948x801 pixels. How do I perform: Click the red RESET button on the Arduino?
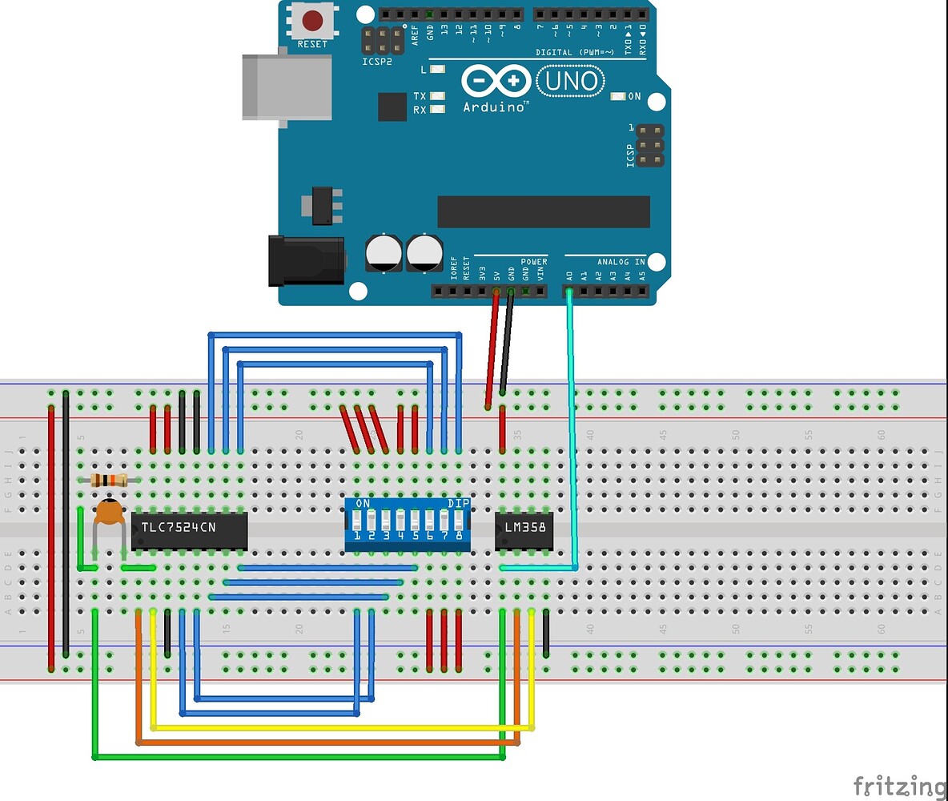pyautogui.click(x=312, y=20)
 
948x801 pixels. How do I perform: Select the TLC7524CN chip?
pyautogui.click(x=189, y=530)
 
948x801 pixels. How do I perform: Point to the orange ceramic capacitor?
pyautogui.click(x=108, y=513)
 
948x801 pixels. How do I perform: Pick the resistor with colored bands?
pyautogui.click(x=110, y=480)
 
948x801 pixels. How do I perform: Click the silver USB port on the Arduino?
pyautogui.click(x=287, y=87)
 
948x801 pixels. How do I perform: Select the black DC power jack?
pyautogui.click(x=306, y=260)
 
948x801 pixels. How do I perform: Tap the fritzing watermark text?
pyautogui.click(x=899, y=786)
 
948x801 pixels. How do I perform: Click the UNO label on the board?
pyautogui.click(x=570, y=81)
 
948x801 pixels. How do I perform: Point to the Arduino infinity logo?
pyautogui.click(x=496, y=81)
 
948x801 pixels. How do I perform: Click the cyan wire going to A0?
pyautogui.click(x=573, y=433)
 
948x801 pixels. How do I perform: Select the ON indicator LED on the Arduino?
pyautogui.click(x=618, y=96)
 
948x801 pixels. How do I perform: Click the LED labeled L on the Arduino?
pyautogui.click(x=437, y=70)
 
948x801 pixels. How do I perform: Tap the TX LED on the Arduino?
pyautogui.click(x=437, y=96)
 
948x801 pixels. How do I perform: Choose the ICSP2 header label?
pyautogui.click(x=377, y=61)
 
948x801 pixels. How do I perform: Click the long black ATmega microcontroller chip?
pyautogui.click(x=543, y=211)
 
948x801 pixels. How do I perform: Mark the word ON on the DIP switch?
pyautogui.click(x=362, y=503)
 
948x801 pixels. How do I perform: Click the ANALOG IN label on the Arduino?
pyautogui.click(x=621, y=262)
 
